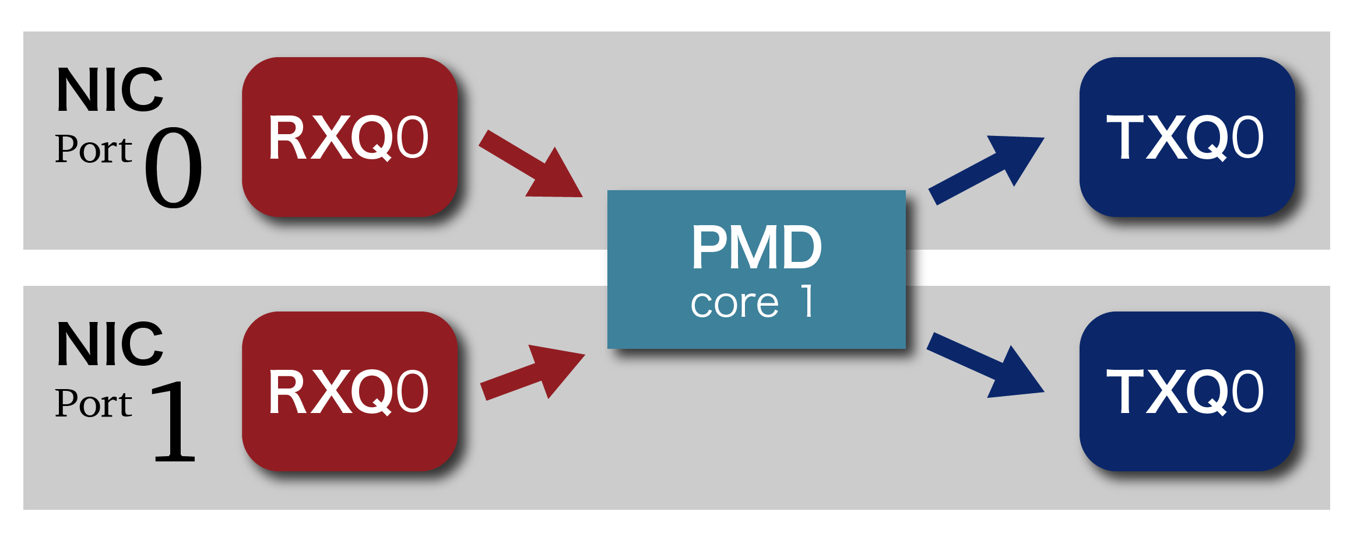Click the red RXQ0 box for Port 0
(x=350, y=137)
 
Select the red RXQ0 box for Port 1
(x=350, y=391)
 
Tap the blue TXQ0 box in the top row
(x=1187, y=137)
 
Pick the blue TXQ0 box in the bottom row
(x=1187, y=391)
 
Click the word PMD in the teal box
(x=756, y=247)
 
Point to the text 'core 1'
(x=752, y=302)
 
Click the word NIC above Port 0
(x=110, y=90)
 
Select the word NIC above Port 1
(x=110, y=345)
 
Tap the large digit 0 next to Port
(x=173, y=168)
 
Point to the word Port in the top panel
(x=93, y=149)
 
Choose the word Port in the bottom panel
(x=93, y=404)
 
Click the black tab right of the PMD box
(x=917, y=268)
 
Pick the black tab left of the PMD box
(x=604, y=268)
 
